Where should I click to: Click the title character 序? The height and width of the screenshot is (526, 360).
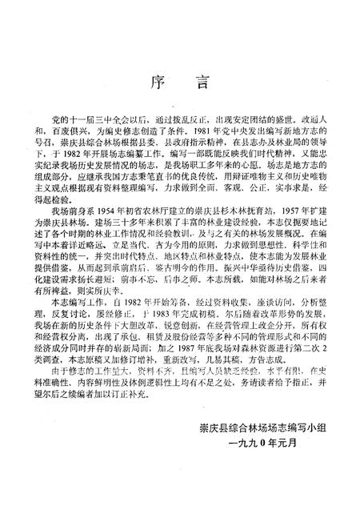158,82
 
